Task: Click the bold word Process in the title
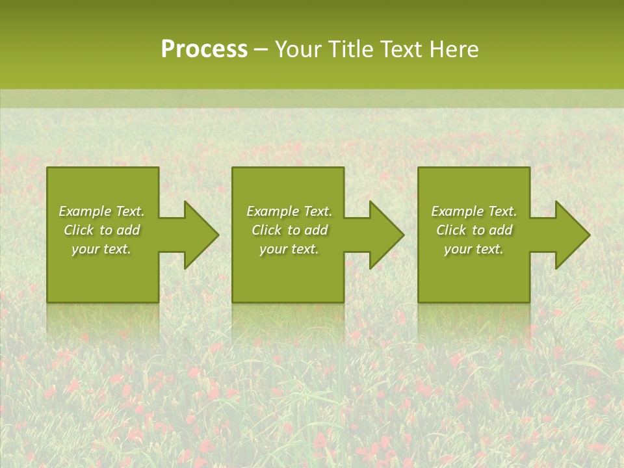coord(204,49)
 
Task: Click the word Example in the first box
coord(84,211)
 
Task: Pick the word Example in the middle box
coord(272,211)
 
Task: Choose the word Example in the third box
coord(457,211)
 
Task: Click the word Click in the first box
coord(79,230)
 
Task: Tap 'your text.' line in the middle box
coord(289,249)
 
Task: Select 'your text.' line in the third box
coord(473,249)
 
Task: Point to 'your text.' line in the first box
coord(101,249)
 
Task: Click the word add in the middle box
coord(316,230)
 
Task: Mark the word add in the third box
coord(500,230)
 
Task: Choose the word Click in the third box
coord(451,230)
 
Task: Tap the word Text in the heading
coord(400,49)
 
